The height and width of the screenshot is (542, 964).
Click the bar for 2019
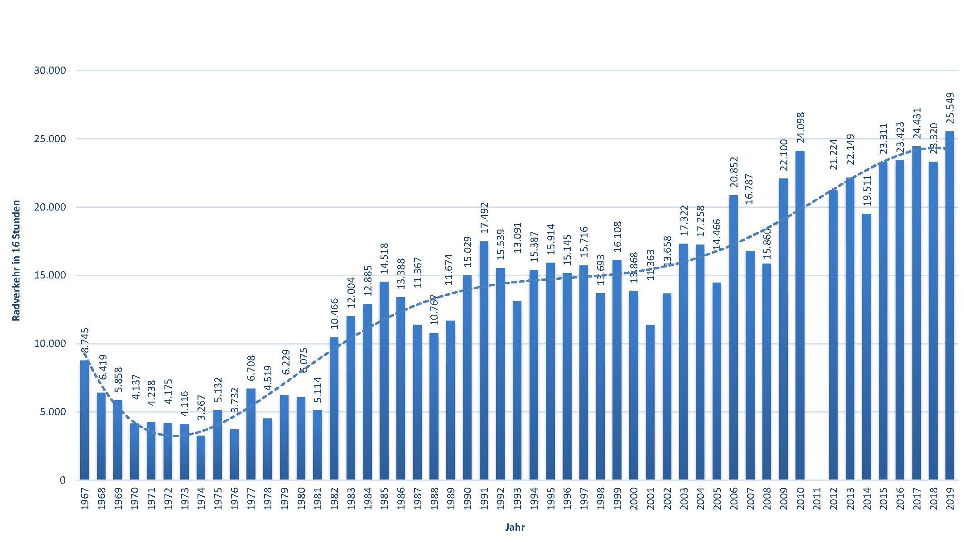(x=950, y=306)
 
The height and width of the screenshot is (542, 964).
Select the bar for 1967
(x=85, y=420)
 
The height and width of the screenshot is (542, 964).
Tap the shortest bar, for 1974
(x=201, y=457)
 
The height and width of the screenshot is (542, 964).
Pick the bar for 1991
(x=484, y=360)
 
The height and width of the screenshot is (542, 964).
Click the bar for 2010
(x=800, y=315)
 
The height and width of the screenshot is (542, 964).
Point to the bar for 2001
(x=650, y=402)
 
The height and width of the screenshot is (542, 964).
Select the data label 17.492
(x=484, y=218)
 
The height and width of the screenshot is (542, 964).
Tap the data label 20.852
(x=734, y=172)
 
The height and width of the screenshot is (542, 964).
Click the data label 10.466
(x=334, y=314)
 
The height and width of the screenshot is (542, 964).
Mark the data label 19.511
(x=867, y=191)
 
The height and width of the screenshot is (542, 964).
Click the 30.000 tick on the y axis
(x=50, y=71)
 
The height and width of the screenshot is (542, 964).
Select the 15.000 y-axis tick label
(x=50, y=276)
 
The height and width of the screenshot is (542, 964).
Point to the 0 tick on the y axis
(x=63, y=480)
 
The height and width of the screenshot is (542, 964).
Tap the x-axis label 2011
(x=817, y=498)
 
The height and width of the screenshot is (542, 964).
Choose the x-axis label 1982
(x=334, y=498)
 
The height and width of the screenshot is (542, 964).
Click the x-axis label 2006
(x=734, y=498)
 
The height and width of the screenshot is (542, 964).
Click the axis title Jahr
(x=515, y=527)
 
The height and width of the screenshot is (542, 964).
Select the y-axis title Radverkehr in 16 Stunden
(x=16, y=260)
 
